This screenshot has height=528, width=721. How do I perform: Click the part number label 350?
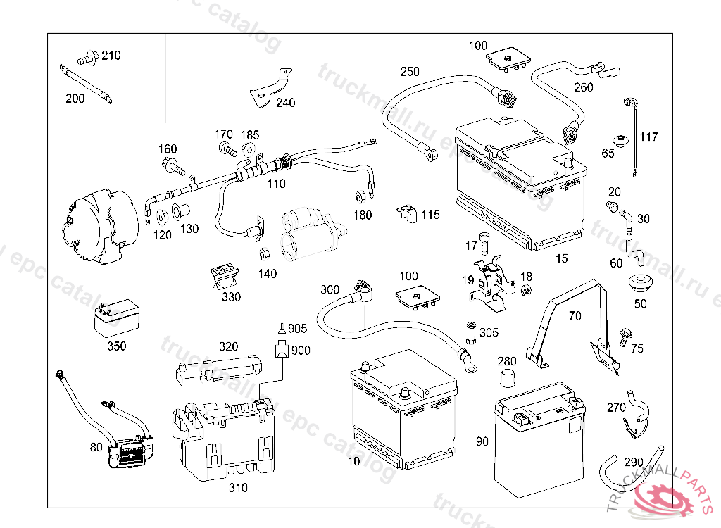coord(117,346)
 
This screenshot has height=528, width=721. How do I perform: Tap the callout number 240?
coord(285,103)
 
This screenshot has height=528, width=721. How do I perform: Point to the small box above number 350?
coord(116,320)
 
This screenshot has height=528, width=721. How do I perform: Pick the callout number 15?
coord(561,259)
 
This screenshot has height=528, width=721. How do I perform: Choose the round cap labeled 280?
coord(507,379)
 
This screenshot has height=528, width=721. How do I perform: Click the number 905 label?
coord(298,328)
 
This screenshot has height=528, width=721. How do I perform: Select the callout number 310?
coord(239,488)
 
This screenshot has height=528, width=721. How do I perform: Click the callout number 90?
coord(482,441)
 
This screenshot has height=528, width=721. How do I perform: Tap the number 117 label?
coord(648,137)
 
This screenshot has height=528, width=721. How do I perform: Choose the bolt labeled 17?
coord(484,241)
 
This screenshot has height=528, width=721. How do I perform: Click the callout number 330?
coord(231,297)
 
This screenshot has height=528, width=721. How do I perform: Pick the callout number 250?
coord(410,72)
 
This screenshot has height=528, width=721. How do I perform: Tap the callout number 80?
coord(96,446)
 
